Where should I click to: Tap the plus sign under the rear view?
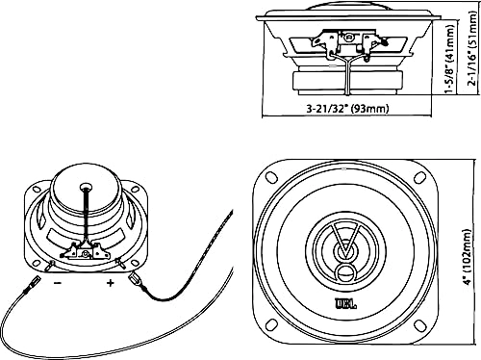[111, 283]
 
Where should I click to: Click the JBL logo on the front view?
[345, 307]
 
